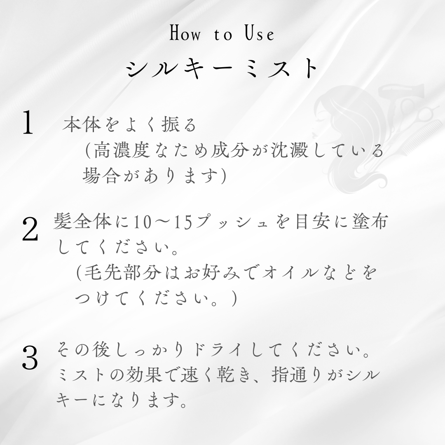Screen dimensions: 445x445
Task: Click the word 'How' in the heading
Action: (185, 33)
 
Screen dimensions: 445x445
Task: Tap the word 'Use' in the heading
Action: (260, 33)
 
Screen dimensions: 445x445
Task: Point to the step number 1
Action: (28, 122)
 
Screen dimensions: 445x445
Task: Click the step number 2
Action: (30, 230)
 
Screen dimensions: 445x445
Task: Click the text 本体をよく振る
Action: (130, 124)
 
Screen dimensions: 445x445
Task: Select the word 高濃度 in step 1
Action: (122, 150)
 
